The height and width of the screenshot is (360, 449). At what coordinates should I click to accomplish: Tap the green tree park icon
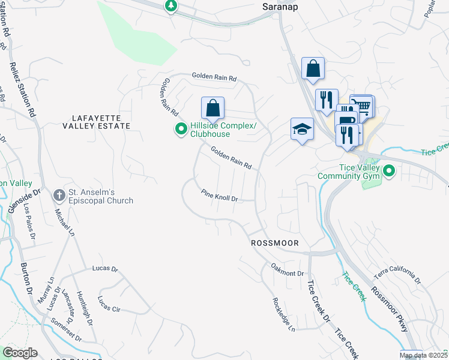coord(172,6)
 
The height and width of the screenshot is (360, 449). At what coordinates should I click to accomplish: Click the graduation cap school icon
coord(303,128)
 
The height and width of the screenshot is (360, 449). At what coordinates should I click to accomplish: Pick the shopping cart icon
coord(363,106)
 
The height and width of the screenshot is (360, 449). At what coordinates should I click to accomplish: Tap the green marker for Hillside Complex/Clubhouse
coord(180,129)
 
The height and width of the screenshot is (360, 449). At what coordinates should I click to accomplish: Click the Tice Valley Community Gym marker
coord(389,172)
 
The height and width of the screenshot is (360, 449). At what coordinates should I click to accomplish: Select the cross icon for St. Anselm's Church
coord(59,195)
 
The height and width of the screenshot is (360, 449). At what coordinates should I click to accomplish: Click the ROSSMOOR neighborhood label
coord(274,243)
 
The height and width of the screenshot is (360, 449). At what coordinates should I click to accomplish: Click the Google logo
coord(20,353)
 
